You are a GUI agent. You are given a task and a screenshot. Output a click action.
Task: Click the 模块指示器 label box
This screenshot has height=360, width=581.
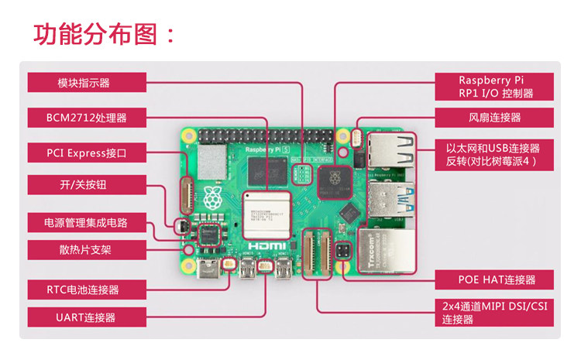pos(87,83)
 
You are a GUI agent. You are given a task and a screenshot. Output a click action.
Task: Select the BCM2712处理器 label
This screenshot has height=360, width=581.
pos(87,118)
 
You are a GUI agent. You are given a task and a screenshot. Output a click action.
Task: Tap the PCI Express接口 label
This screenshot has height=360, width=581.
pos(87,153)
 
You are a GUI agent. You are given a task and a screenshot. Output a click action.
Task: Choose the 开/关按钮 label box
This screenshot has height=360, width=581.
pos(87,186)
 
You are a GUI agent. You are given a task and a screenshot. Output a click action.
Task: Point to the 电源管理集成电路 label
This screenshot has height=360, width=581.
pos(87,223)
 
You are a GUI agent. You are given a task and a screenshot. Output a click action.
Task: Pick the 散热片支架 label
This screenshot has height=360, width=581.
pos(87,250)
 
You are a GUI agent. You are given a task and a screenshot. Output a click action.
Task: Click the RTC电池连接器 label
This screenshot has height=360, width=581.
pos(87,290)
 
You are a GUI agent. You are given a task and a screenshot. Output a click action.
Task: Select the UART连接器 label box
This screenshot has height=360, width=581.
pos(87,317)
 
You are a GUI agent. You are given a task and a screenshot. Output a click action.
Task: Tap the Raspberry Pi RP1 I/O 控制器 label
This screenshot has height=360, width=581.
pos(494,87)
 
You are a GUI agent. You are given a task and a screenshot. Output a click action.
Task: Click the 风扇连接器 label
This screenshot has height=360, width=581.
pos(494,118)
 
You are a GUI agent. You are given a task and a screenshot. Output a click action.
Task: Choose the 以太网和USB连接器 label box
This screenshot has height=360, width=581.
pos(494,154)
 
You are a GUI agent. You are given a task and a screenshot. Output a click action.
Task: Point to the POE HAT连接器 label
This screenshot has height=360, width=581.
pos(494,279)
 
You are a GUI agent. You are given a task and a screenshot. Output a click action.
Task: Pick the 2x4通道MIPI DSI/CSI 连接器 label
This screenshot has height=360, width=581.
pos(494,312)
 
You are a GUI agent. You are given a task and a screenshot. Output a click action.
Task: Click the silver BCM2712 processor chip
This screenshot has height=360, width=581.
pos(266,215)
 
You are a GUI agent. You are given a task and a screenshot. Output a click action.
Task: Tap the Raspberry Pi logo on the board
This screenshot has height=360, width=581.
pos(212,198)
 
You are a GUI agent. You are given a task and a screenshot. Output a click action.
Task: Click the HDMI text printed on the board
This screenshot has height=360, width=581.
pos(271,246)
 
